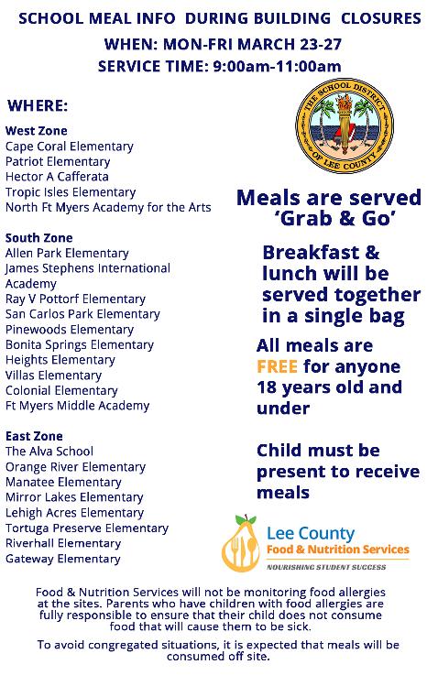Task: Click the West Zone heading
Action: tap(36, 131)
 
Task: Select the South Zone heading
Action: tap(38, 238)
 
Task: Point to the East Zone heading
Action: tap(34, 436)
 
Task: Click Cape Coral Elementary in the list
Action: tap(70, 147)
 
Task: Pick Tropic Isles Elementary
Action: tap(71, 192)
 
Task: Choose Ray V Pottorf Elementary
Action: tap(75, 299)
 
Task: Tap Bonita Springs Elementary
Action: tap(80, 345)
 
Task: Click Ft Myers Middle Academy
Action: tap(77, 406)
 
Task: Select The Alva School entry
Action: tap(49, 452)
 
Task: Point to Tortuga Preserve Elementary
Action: tap(87, 528)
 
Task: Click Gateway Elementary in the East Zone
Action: tap(63, 559)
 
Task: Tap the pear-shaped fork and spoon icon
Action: tap(243, 542)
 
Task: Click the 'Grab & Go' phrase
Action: tap(328, 219)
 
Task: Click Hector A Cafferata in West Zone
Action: tap(57, 177)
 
